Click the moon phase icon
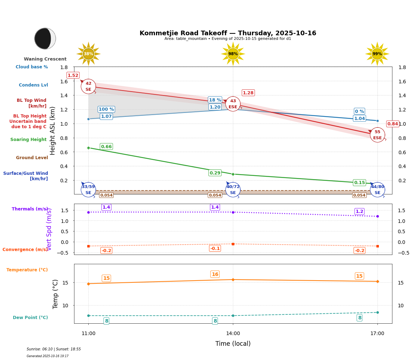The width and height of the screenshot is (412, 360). (45, 38)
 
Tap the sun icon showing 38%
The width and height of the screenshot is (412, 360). (88, 54)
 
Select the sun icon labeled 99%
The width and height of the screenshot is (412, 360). (377, 54)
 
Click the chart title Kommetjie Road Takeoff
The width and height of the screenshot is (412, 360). (228, 33)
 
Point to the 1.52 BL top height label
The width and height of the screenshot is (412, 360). (73, 75)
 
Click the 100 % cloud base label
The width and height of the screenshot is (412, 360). (106, 109)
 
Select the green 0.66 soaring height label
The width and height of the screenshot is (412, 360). (106, 146)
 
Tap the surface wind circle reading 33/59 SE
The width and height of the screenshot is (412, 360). (88, 189)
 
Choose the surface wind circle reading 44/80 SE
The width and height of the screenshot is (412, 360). (377, 189)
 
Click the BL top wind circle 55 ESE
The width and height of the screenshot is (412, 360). (377, 135)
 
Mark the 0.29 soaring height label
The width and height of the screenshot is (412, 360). (215, 173)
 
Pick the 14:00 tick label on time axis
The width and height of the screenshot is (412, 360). (233, 333)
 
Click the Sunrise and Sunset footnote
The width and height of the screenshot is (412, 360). (54, 349)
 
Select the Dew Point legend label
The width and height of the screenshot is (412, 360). (30, 318)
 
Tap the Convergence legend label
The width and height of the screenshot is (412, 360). (25, 250)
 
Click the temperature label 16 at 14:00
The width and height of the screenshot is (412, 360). (215, 274)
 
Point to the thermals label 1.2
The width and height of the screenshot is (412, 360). (359, 212)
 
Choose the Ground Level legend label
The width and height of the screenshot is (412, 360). (32, 158)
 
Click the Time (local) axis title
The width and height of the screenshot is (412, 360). (233, 344)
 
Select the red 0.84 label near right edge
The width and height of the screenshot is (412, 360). (392, 124)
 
